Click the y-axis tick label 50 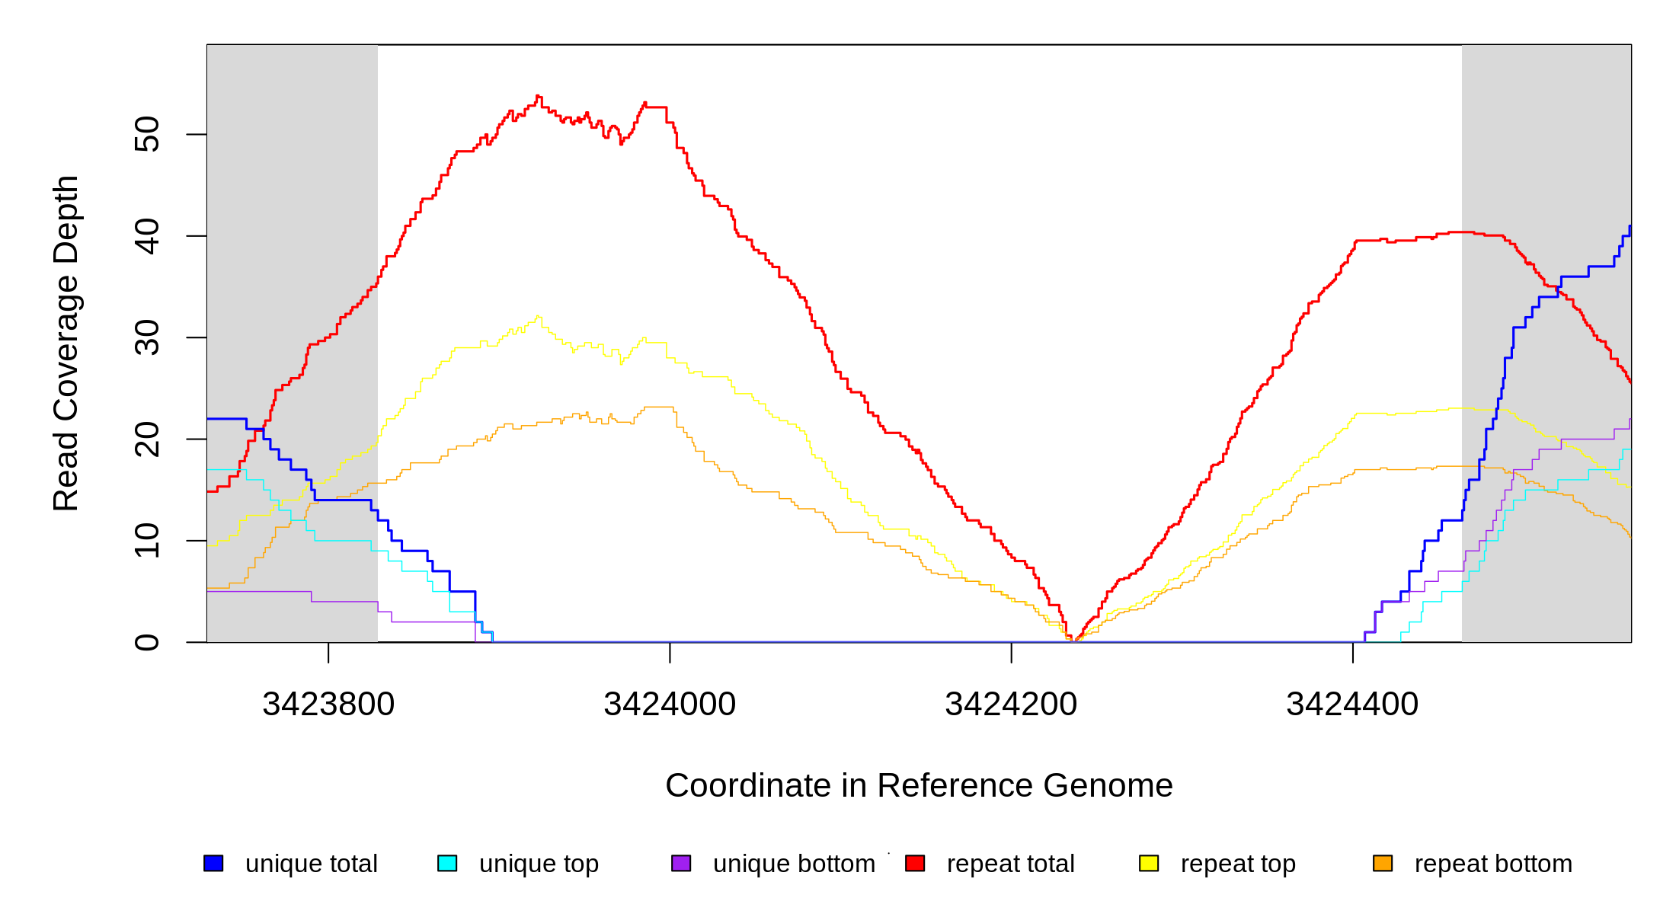147,135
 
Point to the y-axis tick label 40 147,236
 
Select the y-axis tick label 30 147,337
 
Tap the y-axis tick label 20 147,439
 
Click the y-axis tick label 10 147,541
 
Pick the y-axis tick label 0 147,642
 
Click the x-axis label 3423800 328,705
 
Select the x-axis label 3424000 670,705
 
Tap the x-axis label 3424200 1011,705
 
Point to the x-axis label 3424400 1352,705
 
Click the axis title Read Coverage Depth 66,343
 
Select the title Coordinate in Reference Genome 919,786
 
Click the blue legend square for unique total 213,864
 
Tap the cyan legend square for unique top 447,864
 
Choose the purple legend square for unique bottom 681,864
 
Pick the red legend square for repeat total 915,864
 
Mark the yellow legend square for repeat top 1149,864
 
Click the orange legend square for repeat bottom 1383,864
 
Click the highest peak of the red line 538,97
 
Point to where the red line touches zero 1073,641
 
